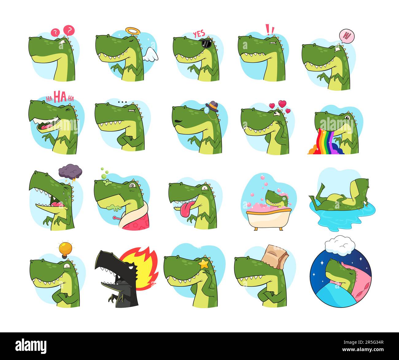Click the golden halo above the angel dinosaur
point(132,31)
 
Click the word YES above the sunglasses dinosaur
point(199,34)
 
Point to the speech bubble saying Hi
point(347,36)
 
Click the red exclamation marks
point(270,29)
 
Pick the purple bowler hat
point(214,106)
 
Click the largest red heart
point(282,103)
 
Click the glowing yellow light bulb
point(65,249)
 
